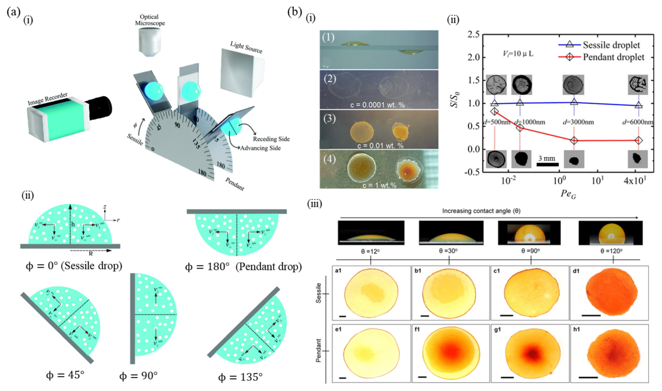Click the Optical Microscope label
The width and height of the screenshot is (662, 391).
click(x=150, y=20)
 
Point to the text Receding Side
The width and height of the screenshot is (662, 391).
click(x=271, y=139)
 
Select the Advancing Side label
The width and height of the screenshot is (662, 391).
click(x=260, y=148)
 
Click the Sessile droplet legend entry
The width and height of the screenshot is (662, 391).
click(x=611, y=45)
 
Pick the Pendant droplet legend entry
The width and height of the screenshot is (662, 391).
click(x=613, y=57)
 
